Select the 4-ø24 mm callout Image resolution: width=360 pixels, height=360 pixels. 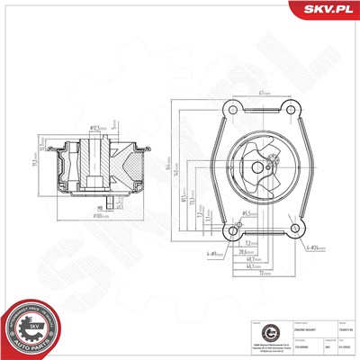(x=314, y=245)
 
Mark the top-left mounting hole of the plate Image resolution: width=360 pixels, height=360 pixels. (x=231, y=109)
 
